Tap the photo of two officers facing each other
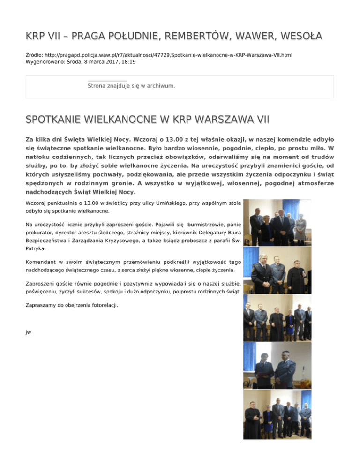point(277,364)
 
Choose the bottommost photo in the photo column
point(277,414)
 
